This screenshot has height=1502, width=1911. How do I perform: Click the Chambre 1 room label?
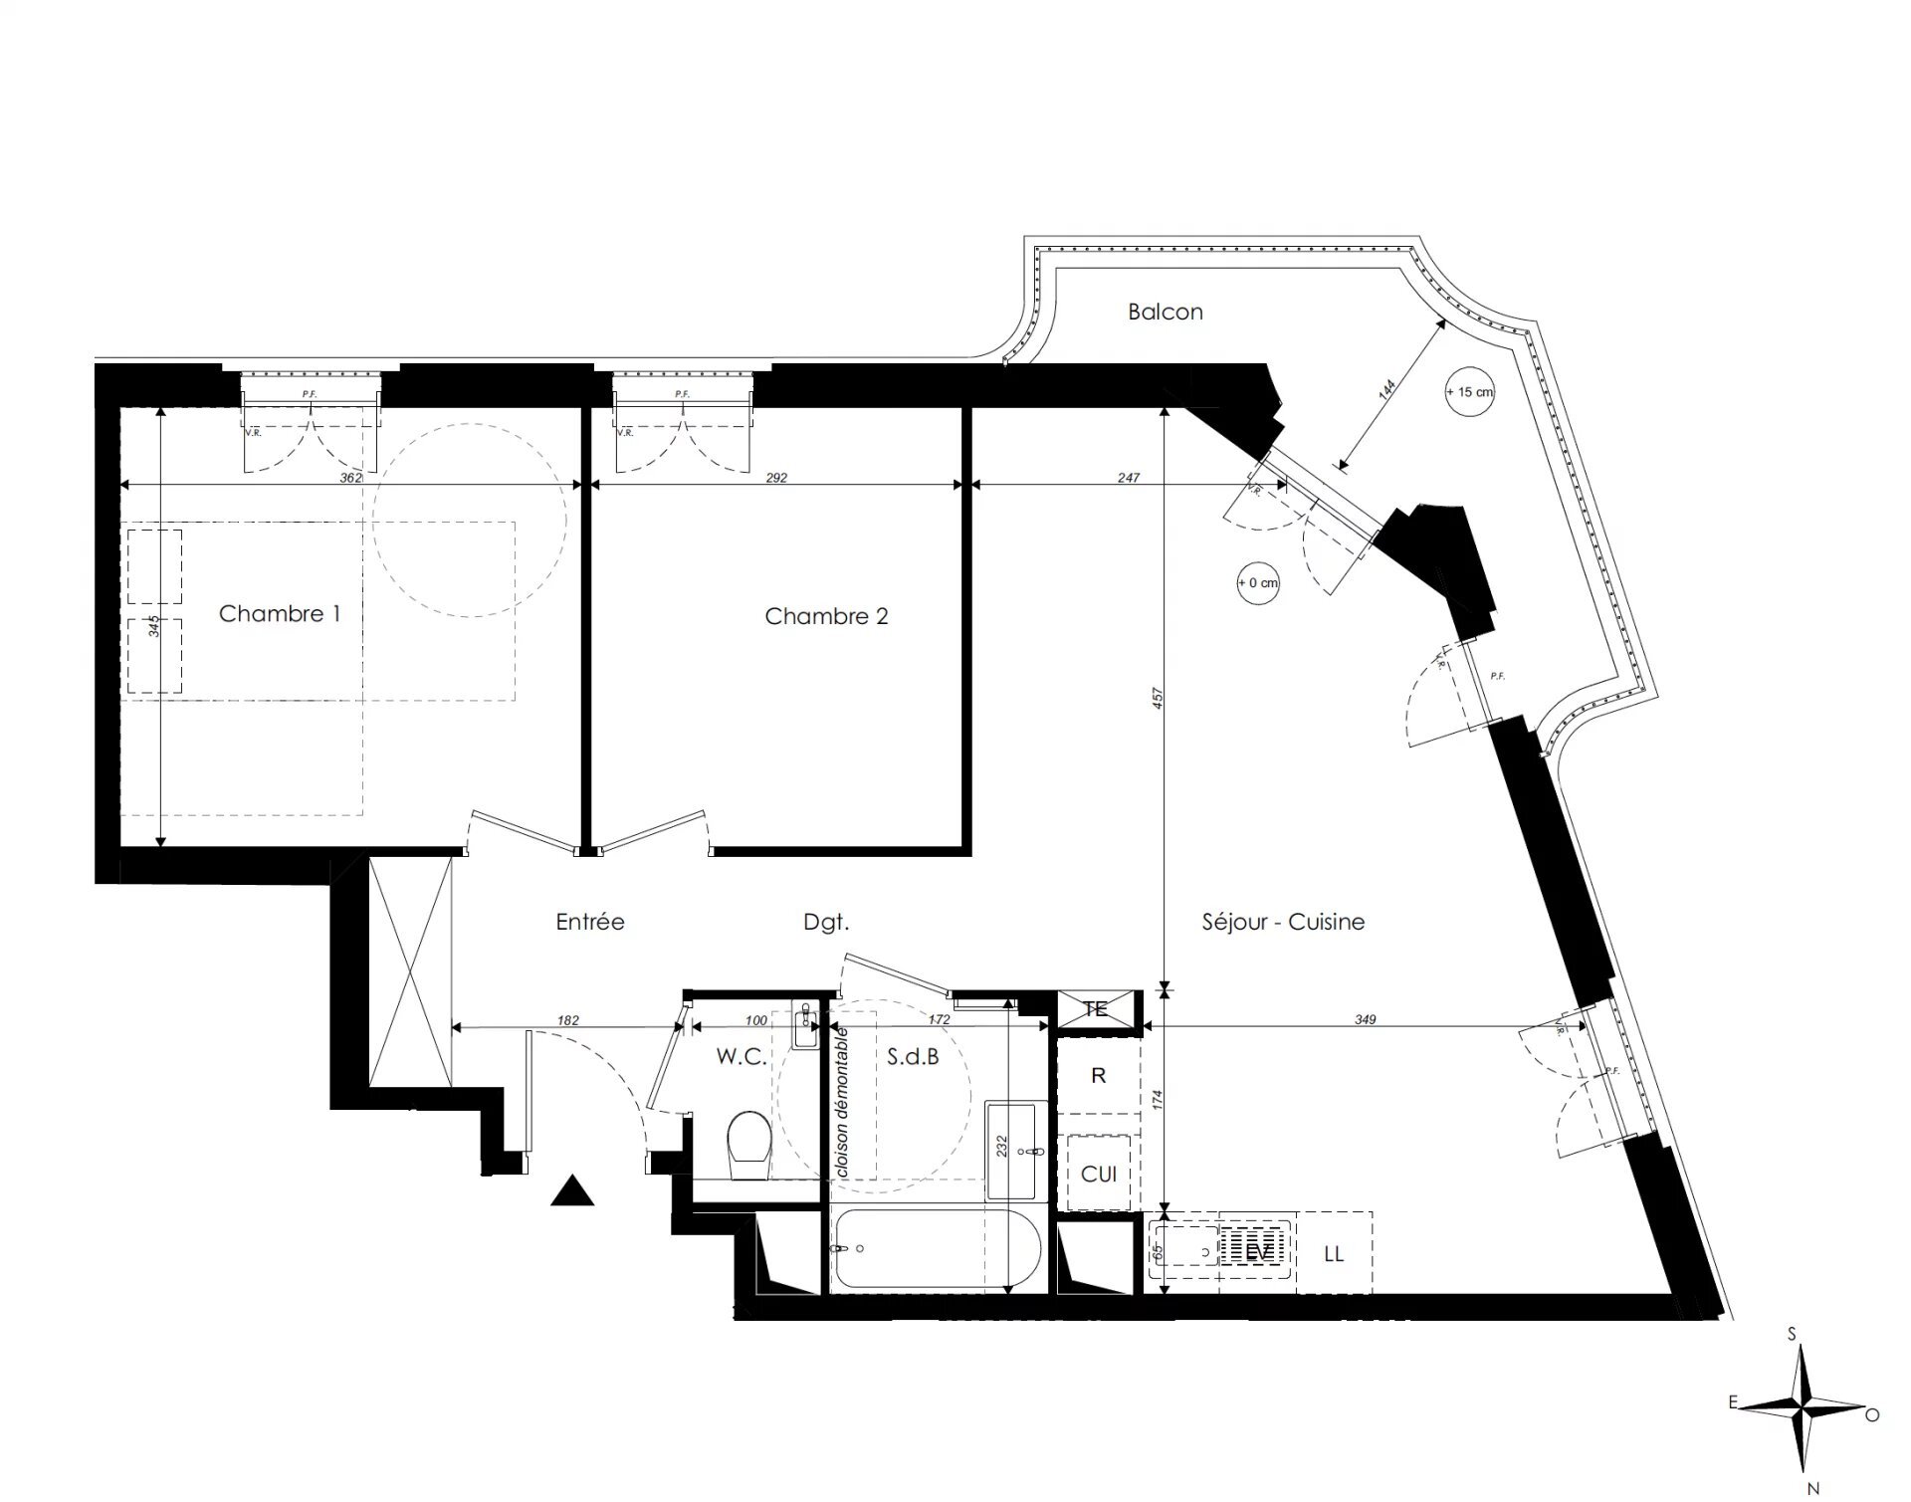[280, 614]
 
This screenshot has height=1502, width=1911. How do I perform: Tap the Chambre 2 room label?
[826, 617]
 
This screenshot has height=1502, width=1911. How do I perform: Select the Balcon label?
[1166, 313]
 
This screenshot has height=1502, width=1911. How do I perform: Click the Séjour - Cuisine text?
[1283, 923]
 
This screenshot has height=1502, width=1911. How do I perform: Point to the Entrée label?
[590, 923]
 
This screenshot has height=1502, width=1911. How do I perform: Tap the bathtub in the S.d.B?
[937, 1248]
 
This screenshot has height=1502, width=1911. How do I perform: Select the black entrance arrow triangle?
[572, 1191]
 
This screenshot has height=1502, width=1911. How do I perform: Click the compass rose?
[1804, 1409]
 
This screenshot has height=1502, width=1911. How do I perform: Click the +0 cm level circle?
[1258, 583]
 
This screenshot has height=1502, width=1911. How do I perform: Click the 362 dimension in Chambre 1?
[350, 478]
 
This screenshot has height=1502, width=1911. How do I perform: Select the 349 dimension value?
[1366, 1019]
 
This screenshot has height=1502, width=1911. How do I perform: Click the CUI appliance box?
[1099, 1175]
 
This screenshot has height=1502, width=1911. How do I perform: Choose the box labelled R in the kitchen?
[1099, 1076]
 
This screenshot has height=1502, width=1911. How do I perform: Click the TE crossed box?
[1096, 1009]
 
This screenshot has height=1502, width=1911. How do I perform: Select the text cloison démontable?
[843, 1103]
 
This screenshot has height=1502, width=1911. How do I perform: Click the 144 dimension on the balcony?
[1387, 389]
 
